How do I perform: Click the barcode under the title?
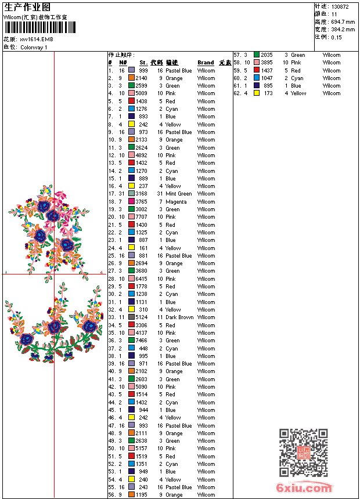coord(39,28)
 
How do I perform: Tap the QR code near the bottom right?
coord(303,453)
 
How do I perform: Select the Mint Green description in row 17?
coord(178,194)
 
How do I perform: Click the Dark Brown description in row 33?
coord(179,317)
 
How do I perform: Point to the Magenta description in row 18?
coord(176,202)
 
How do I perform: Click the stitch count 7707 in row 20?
coord(142,217)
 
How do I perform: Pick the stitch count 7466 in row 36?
coord(142,341)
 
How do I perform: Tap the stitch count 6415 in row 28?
coord(142,279)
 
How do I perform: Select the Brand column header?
coord(206,63)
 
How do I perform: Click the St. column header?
coord(143,63)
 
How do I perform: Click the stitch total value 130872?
coord(340,6)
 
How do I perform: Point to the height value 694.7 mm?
coord(343,21)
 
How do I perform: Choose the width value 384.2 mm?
coord(343,29)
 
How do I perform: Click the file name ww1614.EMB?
coord(36,39)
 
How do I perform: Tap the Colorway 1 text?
coord(34,47)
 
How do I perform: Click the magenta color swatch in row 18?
coord(132,202)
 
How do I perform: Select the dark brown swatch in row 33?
coord(132,317)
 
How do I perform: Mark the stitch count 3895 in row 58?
coord(267,63)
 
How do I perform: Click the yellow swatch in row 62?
coord(257,93)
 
